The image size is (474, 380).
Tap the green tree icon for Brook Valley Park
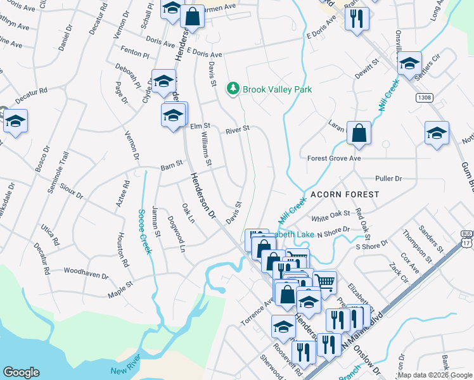click(233, 89)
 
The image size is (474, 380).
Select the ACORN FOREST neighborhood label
click(344, 194)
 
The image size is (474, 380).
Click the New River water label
click(124, 370)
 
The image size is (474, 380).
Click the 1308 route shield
click(425, 98)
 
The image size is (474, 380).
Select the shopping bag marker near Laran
click(359, 134)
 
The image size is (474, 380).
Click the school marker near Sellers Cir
click(410, 63)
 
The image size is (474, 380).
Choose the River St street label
click(238, 130)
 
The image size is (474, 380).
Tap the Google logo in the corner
click(21, 372)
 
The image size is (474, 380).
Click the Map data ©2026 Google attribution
click(434, 375)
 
